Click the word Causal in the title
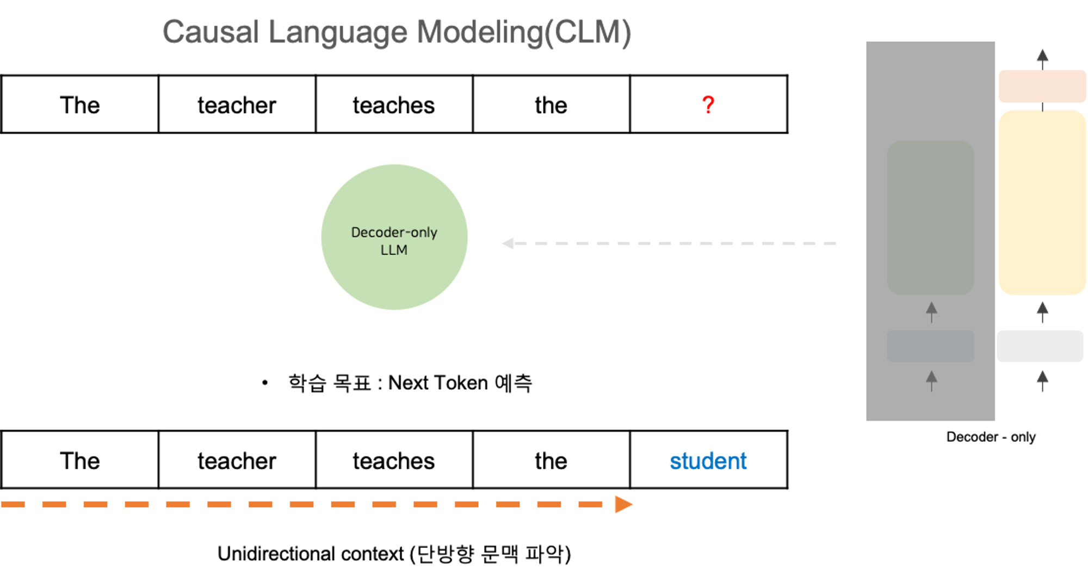coord(210,32)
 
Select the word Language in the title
coord(338,32)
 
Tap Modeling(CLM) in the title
coord(524,32)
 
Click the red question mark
coord(708,105)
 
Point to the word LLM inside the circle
coord(394,250)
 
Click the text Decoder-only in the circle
coord(394,232)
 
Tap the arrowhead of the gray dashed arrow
coord(508,243)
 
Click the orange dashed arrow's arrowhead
coord(623,504)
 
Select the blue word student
coord(708,461)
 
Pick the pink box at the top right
coord(1042,86)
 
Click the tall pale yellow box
coord(1042,203)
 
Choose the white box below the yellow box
coord(1040,346)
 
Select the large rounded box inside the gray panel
coord(930,218)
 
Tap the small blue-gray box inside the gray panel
coord(930,346)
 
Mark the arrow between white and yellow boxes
coord(1042,312)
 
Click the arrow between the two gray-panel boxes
coord(931,312)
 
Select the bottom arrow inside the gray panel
coord(931,380)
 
